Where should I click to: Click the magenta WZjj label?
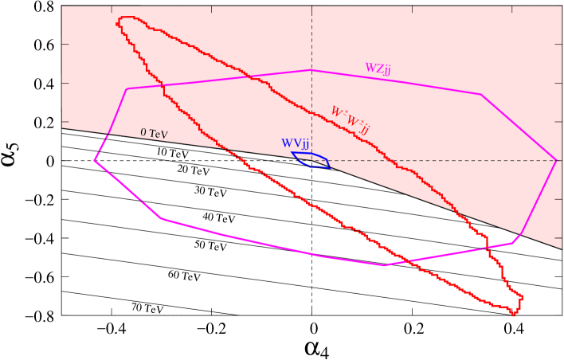click(x=378, y=68)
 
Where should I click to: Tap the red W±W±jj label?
click(x=350, y=119)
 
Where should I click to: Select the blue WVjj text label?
click(x=295, y=144)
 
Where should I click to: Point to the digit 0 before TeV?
click(x=143, y=132)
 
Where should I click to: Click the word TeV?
click(x=159, y=135)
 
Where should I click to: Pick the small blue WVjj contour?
click(x=311, y=160)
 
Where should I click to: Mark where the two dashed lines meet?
click(x=311, y=160)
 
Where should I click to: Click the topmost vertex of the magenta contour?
click(x=311, y=70)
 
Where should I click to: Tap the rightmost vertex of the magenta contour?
click(x=556, y=160)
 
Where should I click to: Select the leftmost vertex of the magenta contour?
click(x=94, y=160)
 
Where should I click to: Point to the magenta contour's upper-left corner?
click(x=127, y=88)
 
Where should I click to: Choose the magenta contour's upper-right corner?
click(x=481, y=95)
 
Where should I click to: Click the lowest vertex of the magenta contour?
click(x=384, y=265)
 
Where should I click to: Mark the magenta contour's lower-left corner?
click(x=161, y=218)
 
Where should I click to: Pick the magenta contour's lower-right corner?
click(x=512, y=243)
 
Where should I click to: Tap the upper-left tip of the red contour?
click(x=119, y=18)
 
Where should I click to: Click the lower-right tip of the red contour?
click(x=515, y=314)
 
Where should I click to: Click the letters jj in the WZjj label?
click(x=386, y=70)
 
